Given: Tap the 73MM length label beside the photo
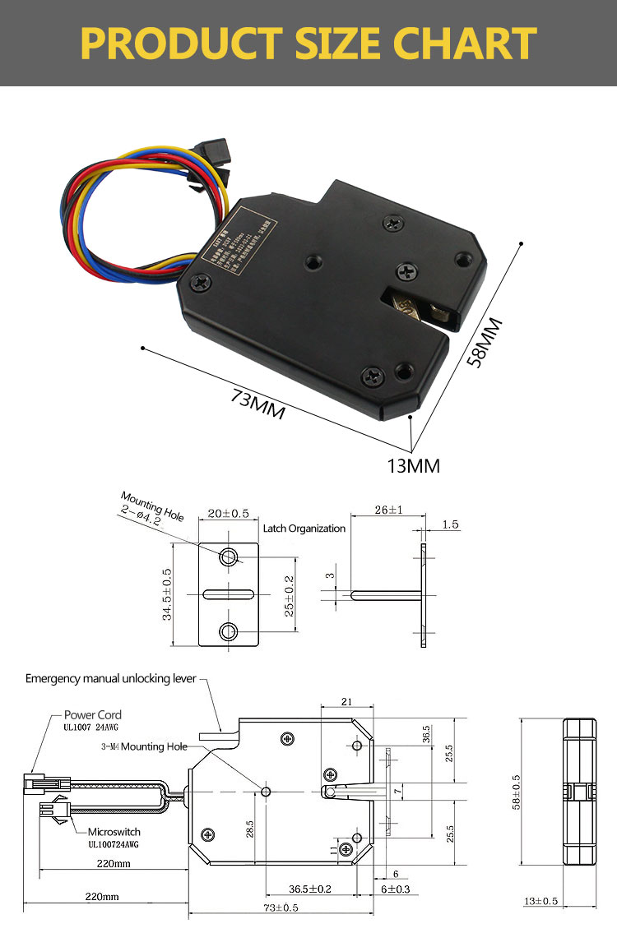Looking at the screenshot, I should [257, 404].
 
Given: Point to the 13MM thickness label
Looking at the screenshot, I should [413, 466].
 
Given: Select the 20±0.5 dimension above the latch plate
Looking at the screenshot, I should [228, 515].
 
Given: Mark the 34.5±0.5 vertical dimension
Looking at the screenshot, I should [168, 594].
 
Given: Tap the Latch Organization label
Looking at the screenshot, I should [304, 529].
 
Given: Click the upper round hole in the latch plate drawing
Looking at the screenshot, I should [228, 558].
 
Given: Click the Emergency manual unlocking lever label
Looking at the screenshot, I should [111, 678].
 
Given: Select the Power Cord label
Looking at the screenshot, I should [92, 715].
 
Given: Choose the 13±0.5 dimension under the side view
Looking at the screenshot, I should [540, 901].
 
